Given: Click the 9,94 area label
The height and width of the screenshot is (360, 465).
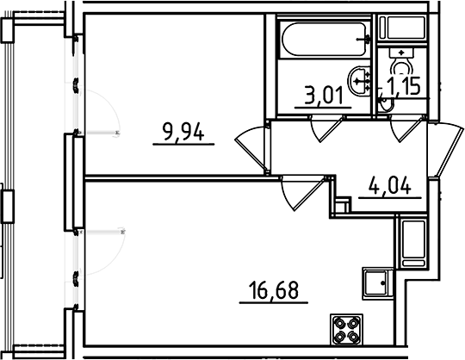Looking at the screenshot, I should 183,133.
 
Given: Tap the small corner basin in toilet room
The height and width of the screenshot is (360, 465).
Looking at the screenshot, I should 385,102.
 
